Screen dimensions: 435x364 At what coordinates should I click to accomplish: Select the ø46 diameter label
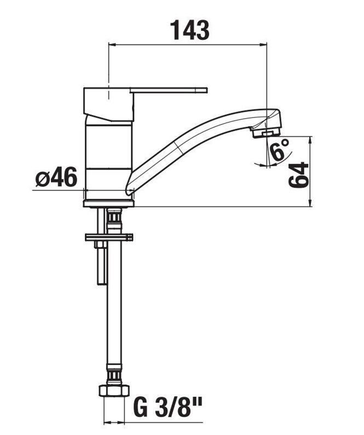56,178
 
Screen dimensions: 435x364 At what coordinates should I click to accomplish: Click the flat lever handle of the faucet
170,90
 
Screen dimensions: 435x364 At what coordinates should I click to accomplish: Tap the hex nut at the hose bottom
114,392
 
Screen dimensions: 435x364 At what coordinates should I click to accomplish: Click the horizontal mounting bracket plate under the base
109,237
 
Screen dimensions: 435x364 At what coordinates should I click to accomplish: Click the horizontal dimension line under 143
189,45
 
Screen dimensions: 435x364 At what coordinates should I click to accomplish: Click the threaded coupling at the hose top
114,219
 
